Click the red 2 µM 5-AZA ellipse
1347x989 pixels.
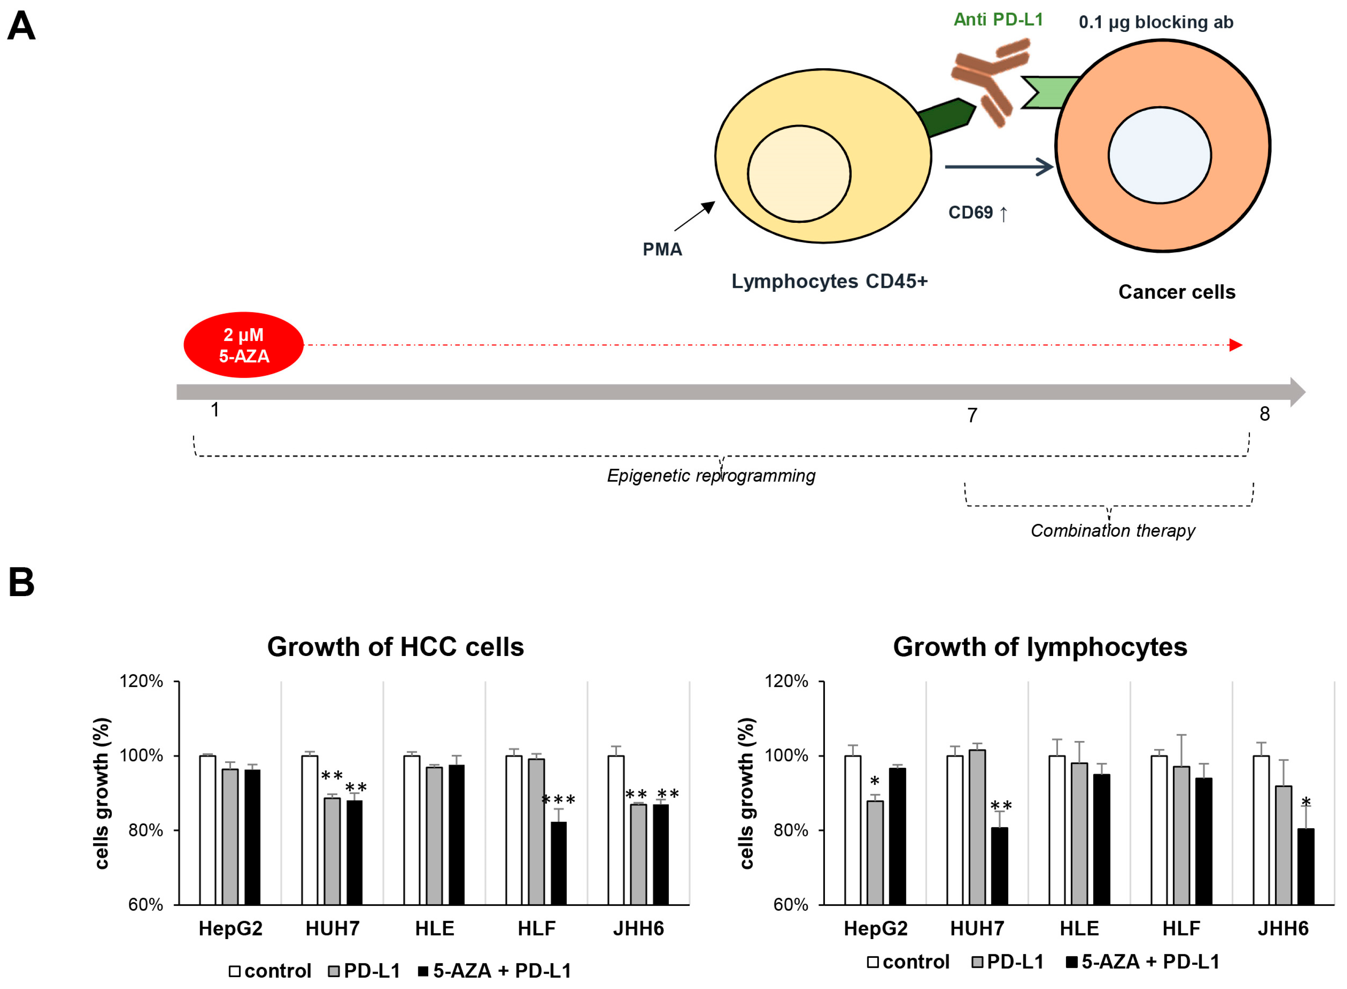[243, 345]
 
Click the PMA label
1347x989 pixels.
[662, 250]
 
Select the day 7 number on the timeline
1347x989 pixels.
[972, 415]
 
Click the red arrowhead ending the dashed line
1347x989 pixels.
[1235, 345]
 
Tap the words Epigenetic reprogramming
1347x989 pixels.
[711, 476]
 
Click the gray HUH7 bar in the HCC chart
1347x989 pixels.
[332, 851]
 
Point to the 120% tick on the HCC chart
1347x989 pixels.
[142, 681]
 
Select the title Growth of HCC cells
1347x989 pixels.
[396, 647]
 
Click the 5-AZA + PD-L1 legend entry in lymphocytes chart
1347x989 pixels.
[1143, 962]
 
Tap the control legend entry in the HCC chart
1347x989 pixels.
[271, 971]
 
